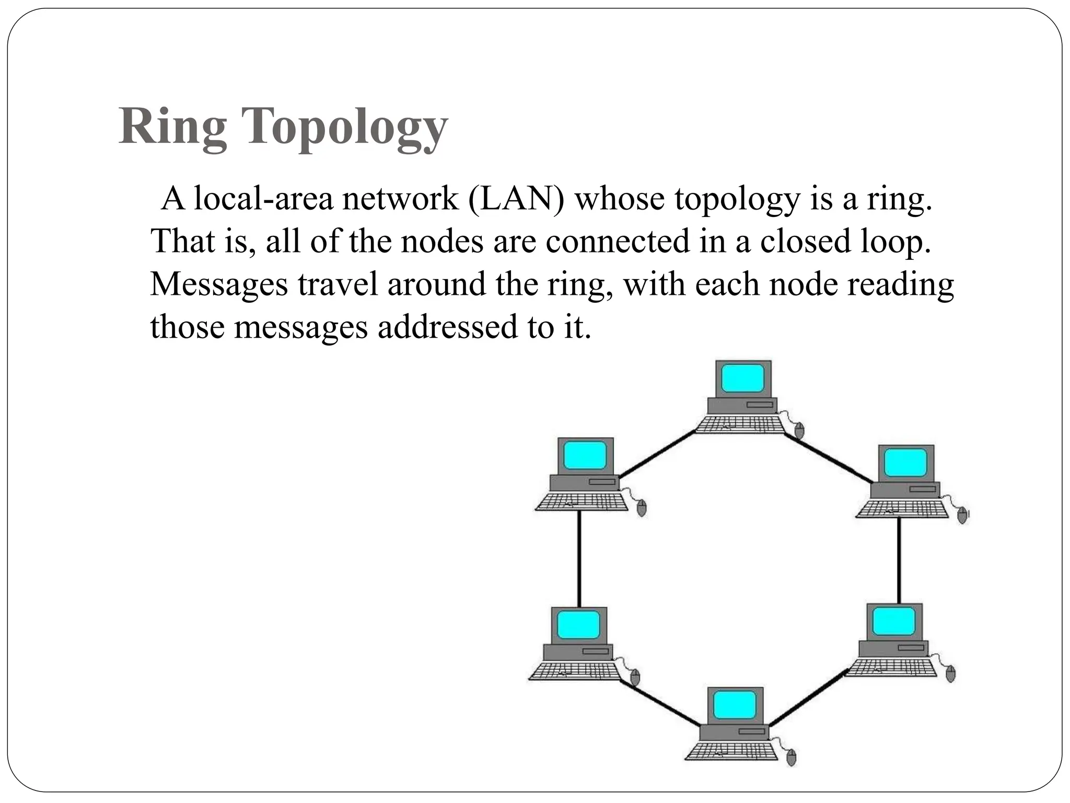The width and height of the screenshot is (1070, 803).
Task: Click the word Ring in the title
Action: tap(172, 128)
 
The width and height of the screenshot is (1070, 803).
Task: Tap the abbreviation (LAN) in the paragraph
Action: tap(516, 199)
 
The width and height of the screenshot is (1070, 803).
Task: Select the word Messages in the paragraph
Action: tap(219, 285)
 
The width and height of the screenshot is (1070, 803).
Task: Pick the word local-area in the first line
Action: tap(263, 199)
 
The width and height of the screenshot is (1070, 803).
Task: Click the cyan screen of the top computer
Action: tap(742, 378)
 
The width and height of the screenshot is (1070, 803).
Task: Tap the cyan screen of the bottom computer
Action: tap(735, 705)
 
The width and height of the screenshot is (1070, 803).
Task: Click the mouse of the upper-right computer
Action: tap(962, 515)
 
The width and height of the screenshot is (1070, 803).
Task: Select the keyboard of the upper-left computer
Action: tap(581, 502)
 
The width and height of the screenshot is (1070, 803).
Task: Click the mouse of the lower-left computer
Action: tap(635, 678)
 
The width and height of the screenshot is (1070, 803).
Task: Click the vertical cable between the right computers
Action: tap(899, 559)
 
